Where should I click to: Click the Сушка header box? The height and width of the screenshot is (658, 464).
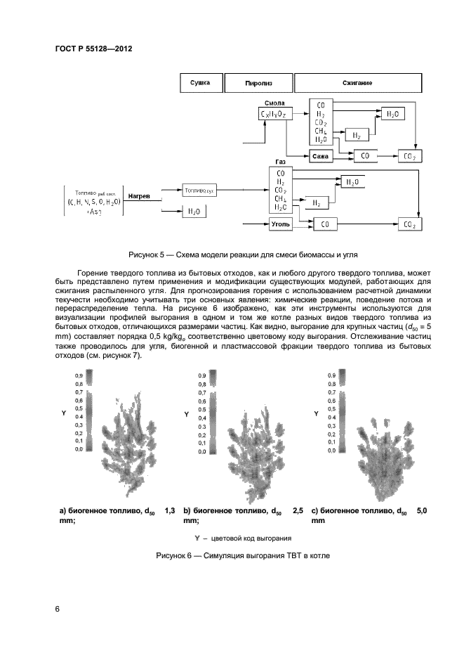pyautogui.click(x=201, y=82)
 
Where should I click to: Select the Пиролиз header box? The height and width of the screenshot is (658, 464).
pyautogui.click(x=258, y=82)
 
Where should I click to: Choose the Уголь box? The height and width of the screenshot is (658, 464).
pyautogui.click(x=279, y=224)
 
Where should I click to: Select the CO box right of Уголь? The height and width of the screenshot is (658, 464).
pyautogui.click(x=324, y=224)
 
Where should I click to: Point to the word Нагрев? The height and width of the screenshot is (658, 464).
pyautogui.click(x=138, y=196)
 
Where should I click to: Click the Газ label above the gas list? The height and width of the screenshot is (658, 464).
pyautogui.click(x=280, y=161)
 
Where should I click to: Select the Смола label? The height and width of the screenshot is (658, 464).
pyautogui.click(x=274, y=103)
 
